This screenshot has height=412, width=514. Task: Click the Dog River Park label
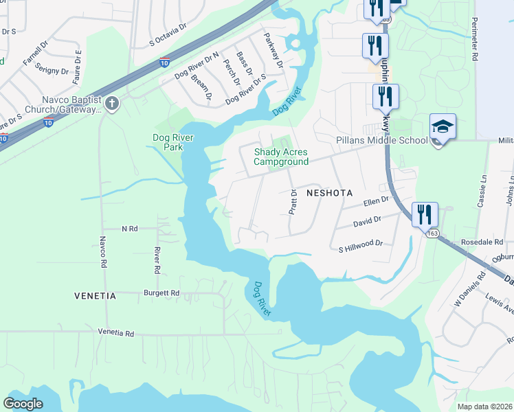(x=173, y=142)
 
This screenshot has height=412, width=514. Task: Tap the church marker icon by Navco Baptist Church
(x=112, y=104)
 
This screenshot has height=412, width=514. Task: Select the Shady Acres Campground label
(x=280, y=157)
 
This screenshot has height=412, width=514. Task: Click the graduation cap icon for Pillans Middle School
(x=443, y=126)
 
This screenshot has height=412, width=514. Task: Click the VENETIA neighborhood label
(x=95, y=296)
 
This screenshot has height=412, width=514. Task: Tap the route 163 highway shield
(x=432, y=234)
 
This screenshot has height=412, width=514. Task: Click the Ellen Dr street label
(x=376, y=202)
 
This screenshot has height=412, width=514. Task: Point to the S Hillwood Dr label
(x=360, y=244)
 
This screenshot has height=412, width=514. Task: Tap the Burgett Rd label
(x=161, y=293)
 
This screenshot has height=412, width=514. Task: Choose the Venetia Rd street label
(x=115, y=332)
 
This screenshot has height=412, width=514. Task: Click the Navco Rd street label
(x=102, y=252)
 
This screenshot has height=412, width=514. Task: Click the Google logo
(x=23, y=404)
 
